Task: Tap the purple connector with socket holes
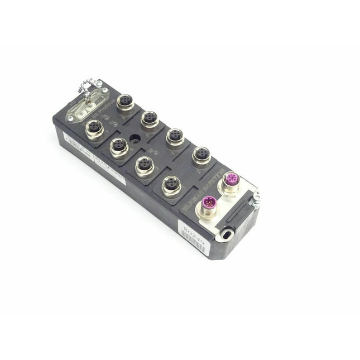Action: pos(231,180)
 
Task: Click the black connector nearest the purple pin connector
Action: pos(171,184)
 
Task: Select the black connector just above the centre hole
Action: pos(149,118)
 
